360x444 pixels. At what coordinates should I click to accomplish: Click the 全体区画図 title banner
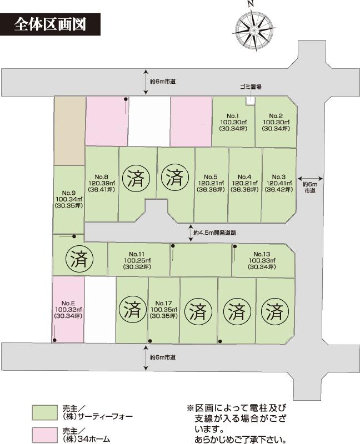(50, 24)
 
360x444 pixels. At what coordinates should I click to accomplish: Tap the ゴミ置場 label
(251, 87)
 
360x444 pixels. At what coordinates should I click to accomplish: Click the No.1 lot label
(233, 122)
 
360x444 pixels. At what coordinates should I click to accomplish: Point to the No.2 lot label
(276, 122)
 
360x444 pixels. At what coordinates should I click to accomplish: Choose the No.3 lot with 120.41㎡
(279, 183)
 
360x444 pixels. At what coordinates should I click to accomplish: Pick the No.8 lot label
(102, 183)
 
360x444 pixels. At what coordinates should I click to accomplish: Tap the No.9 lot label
(69, 199)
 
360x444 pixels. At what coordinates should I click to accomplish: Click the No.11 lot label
(137, 260)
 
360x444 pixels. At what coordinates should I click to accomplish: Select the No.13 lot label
(262, 260)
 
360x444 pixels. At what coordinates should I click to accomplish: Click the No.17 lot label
(164, 310)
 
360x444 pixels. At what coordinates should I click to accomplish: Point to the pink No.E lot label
(68, 310)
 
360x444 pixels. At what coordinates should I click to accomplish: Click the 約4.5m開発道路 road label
(215, 233)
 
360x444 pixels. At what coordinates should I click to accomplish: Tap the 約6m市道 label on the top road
(163, 82)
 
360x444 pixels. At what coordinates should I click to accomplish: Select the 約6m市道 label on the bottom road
(163, 357)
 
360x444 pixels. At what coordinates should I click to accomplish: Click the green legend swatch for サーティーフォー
(44, 412)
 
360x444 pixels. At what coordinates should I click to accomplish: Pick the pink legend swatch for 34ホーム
(44, 435)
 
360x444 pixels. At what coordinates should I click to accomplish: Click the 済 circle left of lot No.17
(132, 311)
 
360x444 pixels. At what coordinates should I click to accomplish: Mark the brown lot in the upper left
(69, 131)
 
